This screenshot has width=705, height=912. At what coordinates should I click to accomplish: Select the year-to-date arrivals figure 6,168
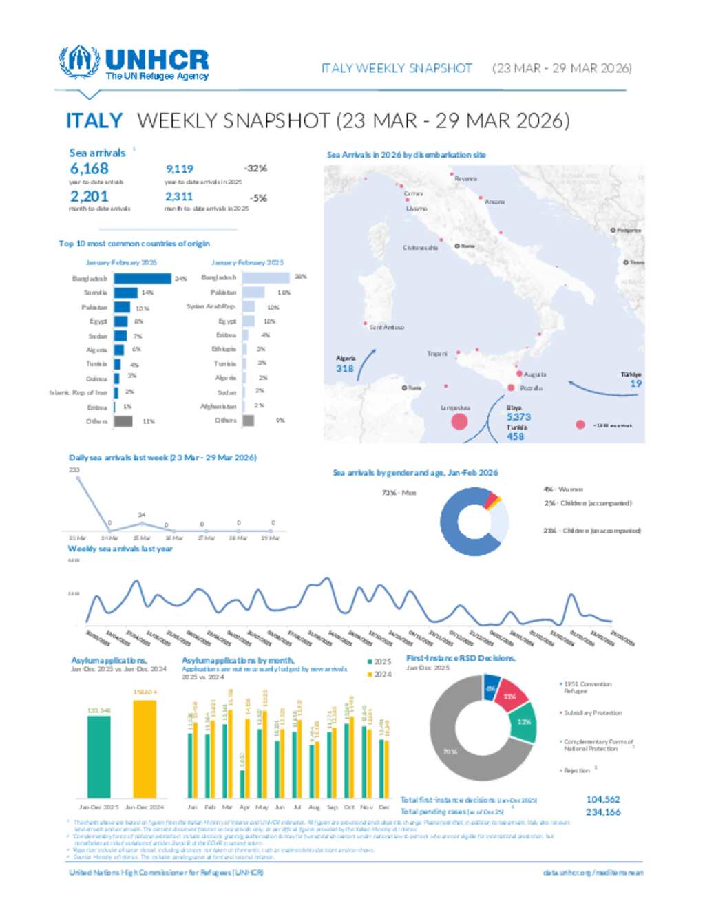tap(89, 169)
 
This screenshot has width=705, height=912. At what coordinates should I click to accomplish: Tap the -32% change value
tap(255, 169)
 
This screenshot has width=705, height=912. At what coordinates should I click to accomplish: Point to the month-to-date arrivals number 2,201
tap(89, 196)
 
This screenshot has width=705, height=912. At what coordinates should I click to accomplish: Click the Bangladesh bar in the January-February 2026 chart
tap(142, 279)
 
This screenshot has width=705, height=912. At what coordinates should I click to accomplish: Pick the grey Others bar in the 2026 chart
tap(123, 421)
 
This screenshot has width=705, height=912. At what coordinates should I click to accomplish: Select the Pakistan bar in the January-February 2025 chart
tap(253, 293)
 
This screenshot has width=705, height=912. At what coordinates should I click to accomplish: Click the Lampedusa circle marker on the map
tap(459, 421)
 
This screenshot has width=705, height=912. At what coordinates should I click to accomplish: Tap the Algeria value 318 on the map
tap(345, 368)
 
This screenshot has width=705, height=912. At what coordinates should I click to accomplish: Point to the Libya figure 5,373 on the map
tap(518, 416)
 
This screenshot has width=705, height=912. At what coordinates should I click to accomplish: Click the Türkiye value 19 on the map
tap(635, 383)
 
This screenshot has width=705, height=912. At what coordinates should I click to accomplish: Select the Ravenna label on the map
tap(465, 179)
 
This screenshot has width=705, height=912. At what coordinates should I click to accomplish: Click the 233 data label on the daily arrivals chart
tap(74, 469)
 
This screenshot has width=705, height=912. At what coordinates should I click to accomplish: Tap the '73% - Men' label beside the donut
tap(399, 493)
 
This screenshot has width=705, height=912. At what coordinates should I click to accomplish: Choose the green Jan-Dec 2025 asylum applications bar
tap(98, 756)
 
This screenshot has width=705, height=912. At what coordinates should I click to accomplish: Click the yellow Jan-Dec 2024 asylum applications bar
tap(145, 749)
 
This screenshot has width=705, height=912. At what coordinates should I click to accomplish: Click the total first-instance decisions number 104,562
tap(603, 799)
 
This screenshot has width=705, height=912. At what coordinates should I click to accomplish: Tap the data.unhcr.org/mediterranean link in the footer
tap(593, 873)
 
